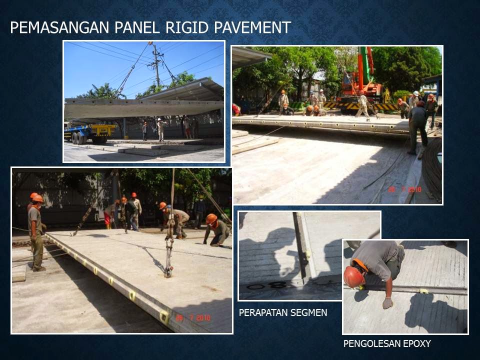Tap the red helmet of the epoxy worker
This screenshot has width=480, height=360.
353,276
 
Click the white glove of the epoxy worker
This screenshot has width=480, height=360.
387,303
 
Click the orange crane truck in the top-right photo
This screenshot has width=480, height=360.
363,85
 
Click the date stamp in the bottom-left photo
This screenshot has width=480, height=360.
193,318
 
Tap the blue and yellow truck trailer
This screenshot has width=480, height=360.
90,132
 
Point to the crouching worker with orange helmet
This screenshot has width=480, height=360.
216,231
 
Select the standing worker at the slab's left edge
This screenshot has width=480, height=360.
36,232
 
